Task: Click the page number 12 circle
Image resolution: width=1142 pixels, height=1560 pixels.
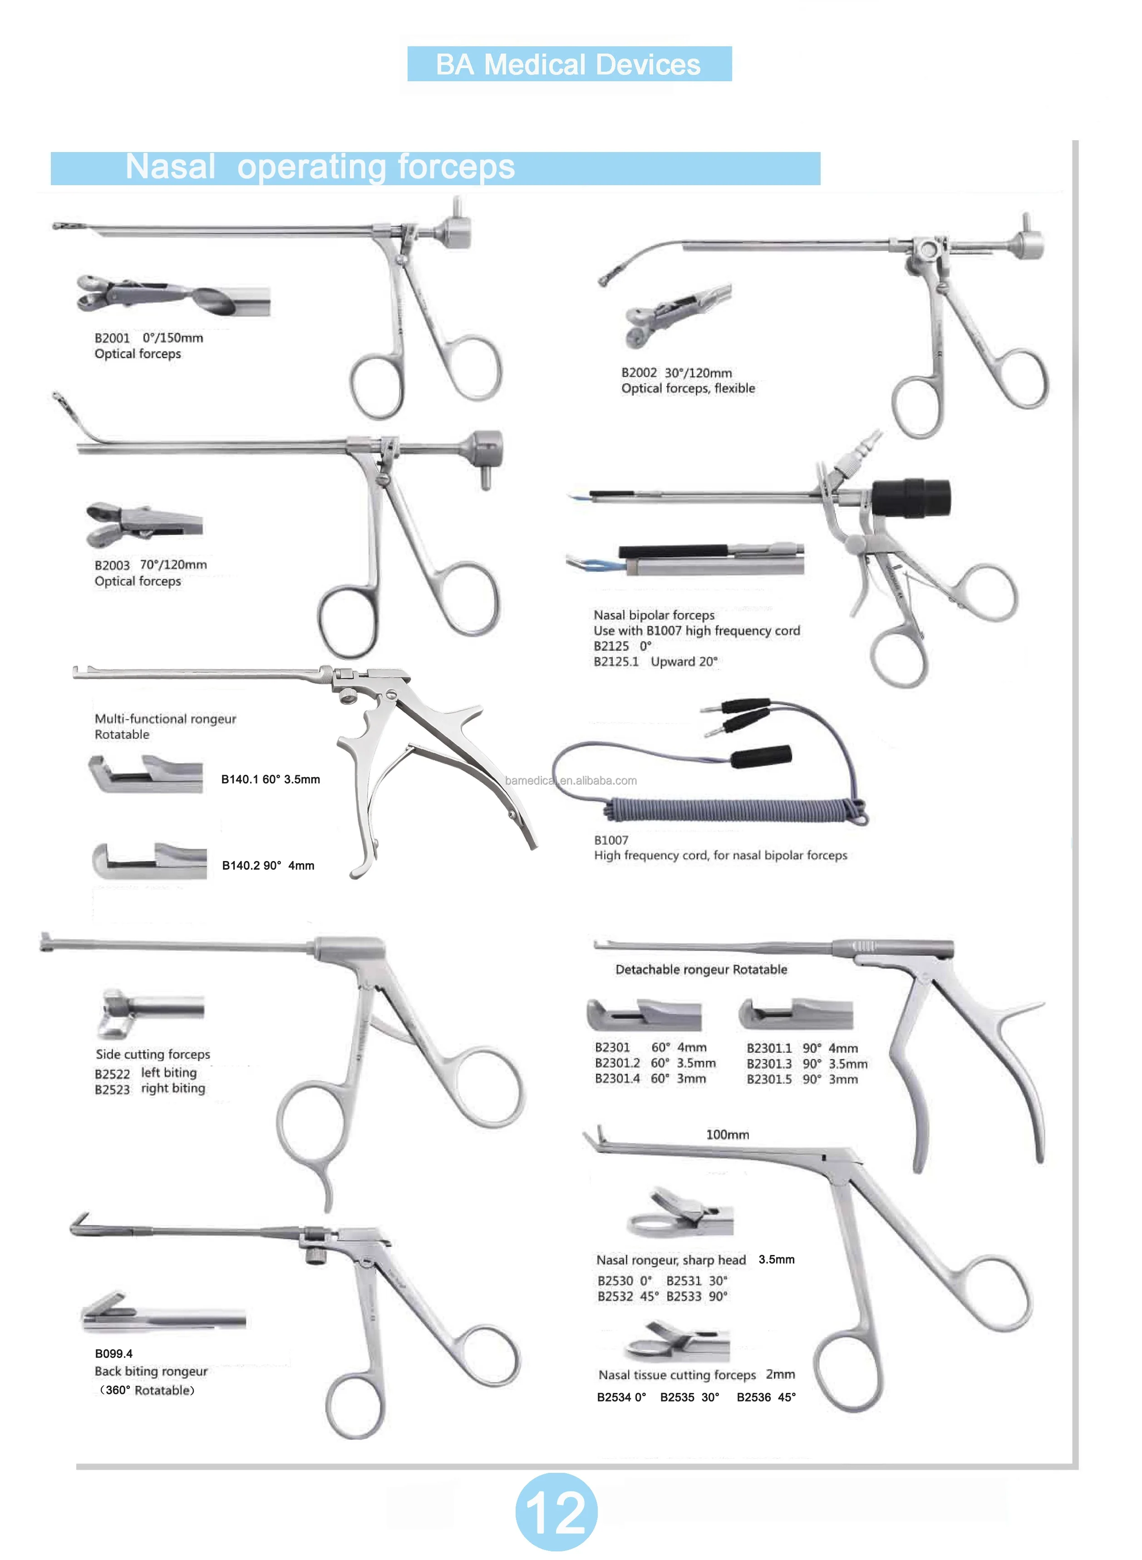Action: pyautogui.click(x=556, y=1511)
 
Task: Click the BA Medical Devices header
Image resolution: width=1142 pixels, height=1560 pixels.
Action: pyautogui.click(x=568, y=64)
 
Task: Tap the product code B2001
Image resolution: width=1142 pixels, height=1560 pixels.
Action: pyautogui.click(x=112, y=338)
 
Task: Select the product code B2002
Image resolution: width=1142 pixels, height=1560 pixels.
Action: pyautogui.click(x=639, y=373)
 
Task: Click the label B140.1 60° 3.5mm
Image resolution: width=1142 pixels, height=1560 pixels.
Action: pyautogui.click(x=270, y=779)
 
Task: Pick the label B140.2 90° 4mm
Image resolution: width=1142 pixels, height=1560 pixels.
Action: pyautogui.click(x=267, y=866)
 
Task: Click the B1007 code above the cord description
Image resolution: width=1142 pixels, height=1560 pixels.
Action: pyautogui.click(x=611, y=840)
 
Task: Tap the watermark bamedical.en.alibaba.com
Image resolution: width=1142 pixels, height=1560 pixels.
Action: pyautogui.click(x=570, y=780)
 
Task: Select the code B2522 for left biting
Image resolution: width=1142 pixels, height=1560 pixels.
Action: pyautogui.click(x=112, y=1073)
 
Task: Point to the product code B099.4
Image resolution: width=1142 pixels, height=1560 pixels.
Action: pyautogui.click(x=113, y=1353)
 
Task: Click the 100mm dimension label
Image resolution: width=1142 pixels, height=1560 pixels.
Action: pyautogui.click(x=727, y=1134)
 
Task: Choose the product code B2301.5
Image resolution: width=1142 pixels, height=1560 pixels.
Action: pyautogui.click(x=769, y=1079)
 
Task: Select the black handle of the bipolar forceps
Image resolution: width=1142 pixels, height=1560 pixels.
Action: pyautogui.click(x=911, y=496)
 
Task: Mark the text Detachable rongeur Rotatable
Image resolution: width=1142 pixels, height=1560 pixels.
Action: pyautogui.click(x=701, y=969)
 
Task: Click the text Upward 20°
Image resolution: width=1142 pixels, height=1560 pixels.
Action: pyautogui.click(x=684, y=661)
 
